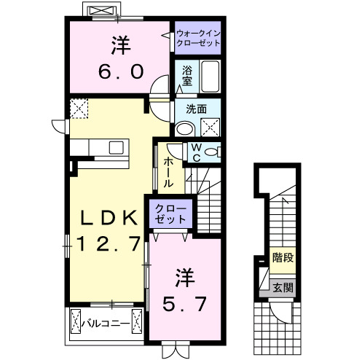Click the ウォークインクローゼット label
(x=197, y=38)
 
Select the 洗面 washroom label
(x=197, y=110)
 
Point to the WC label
(x=195, y=151)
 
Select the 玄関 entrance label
(x=283, y=287)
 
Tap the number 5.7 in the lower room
(x=184, y=300)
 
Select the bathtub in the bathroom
(x=210, y=76)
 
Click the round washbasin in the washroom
(x=185, y=129)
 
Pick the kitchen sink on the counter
(x=116, y=147)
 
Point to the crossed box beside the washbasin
(x=210, y=128)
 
